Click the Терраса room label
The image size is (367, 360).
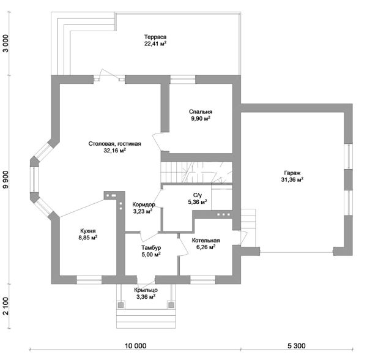pos(155,37)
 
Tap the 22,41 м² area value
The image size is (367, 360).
pos(155,44)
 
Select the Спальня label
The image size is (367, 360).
pos(201,111)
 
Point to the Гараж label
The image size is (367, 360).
pos(292,173)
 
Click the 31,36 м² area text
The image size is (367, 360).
pos(292,179)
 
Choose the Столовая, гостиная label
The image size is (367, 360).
pos(115,144)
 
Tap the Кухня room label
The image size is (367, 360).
pos(87,231)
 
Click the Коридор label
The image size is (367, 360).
pos(144,204)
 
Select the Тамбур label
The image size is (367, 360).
pos(151,247)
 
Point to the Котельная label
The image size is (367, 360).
pos(206,241)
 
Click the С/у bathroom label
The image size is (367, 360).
pos(198,195)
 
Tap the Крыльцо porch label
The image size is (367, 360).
pos(146,290)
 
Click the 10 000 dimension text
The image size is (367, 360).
pos(136,346)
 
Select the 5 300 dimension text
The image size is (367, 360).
pos(296,346)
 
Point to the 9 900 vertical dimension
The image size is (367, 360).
pos(6,179)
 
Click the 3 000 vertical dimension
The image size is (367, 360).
pos(6,43)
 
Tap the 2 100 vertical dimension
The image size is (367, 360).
pos(6,306)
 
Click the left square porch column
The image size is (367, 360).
pos(120,305)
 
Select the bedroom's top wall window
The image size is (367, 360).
pos(182,80)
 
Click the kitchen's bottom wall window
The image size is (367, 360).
pos(89,280)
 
